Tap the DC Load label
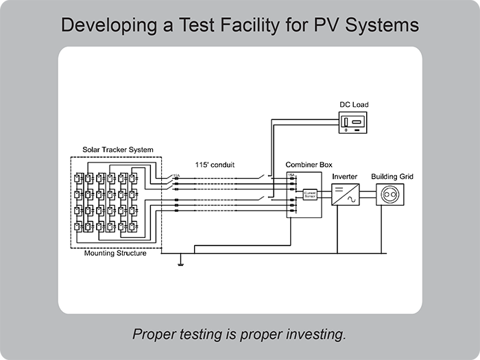[354, 105]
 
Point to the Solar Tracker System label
[117, 149]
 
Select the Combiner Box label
[306, 165]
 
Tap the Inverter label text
[344, 177]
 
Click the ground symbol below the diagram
[180, 260]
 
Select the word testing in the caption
[195, 335]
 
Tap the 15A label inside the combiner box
[291, 176]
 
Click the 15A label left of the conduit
[176, 176]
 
